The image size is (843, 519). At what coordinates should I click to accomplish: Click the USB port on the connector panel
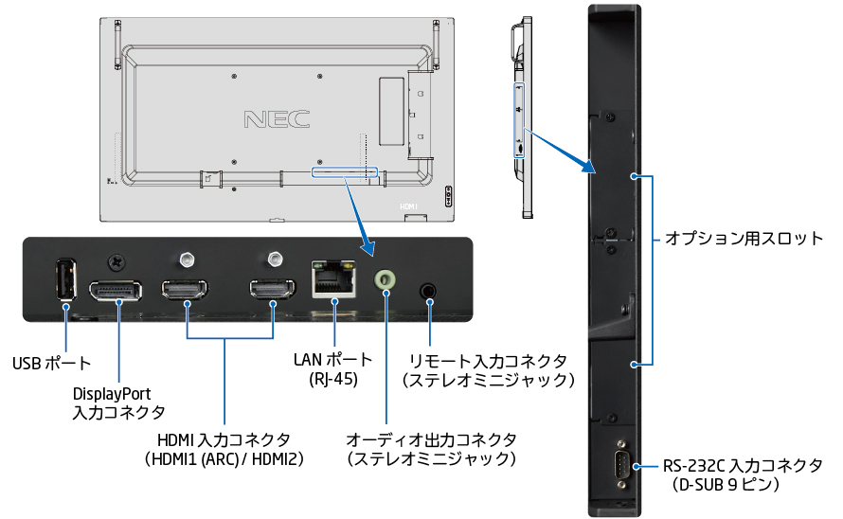(x=64, y=281)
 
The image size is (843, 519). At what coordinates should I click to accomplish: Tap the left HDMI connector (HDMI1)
(x=187, y=290)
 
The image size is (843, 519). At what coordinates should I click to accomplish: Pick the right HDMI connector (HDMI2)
(x=274, y=290)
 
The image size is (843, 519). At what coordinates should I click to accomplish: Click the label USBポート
(x=51, y=363)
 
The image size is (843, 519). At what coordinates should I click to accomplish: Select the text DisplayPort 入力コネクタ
(x=118, y=403)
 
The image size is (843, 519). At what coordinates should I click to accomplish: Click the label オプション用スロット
(x=744, y=239)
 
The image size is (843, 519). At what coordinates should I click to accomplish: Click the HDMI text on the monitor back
(x=408, y=206)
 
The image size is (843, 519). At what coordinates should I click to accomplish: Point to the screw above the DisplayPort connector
(x=117, y=259)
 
